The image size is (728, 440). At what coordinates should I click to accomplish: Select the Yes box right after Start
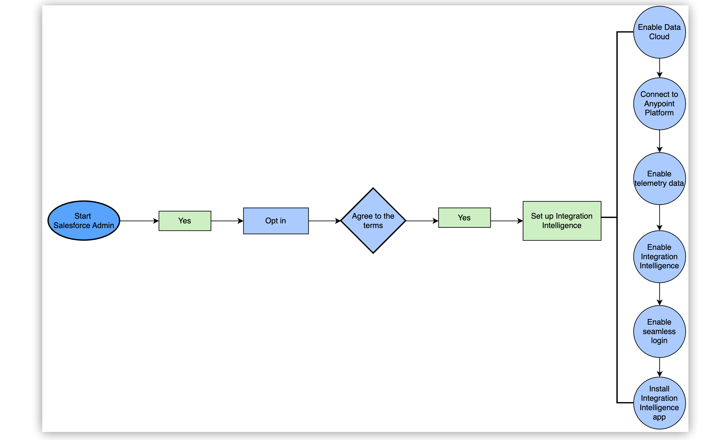pyautogui.click(x=185, y=221)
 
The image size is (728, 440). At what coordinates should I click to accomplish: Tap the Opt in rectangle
pyautogui.click(x=276, y=221)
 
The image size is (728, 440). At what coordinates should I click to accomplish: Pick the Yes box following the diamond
pyautogui.click(x=464, y=218)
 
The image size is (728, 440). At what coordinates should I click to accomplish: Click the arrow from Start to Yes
pyautogui.click(x=139, y=221)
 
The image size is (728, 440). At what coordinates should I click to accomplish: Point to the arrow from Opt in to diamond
pyautogui.click(x=324, y=221)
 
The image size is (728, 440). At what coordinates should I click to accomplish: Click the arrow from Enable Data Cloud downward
pyautogui.click(x=660, y=68)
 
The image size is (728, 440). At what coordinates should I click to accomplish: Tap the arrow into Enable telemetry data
pyautogui.click(x=660, y=141)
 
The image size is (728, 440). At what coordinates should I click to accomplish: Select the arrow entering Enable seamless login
pyautogui.click(x=660, y=294)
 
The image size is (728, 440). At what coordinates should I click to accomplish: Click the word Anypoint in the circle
pyautogui.click(x=659, y=104)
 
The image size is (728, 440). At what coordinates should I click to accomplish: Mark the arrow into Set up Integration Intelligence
pyautogui.click(x=507, y=221)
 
